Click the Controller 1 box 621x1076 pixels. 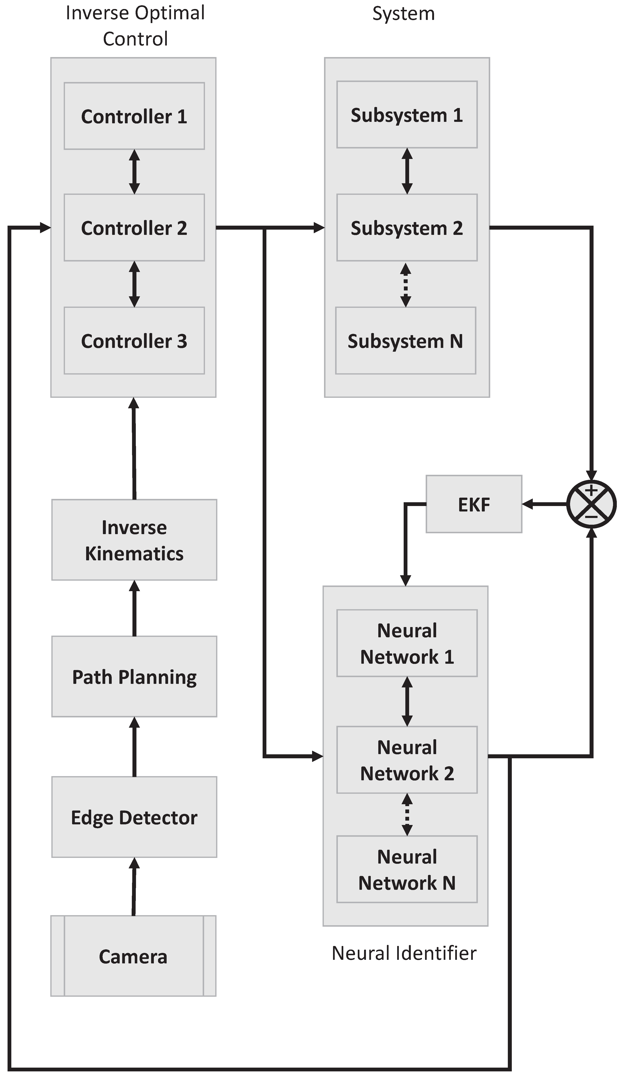(134, 116)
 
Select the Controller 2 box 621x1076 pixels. (134, 228)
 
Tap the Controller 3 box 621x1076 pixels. (134, 341)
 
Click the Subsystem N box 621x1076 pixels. (405, 341)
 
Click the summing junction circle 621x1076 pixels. (591, 504)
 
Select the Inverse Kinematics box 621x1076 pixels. (134, 540)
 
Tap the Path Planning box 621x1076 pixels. (134, 677)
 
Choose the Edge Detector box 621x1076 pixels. (134, 817)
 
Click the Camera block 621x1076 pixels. (133, 956)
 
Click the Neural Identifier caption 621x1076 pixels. (404, 953)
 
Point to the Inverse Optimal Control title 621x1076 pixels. (135, 26)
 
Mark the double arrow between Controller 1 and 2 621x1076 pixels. (134, 172)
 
